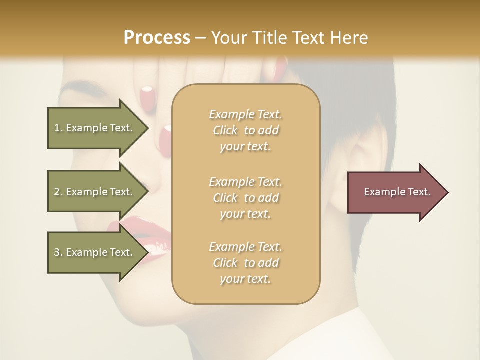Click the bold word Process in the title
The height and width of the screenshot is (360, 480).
157,38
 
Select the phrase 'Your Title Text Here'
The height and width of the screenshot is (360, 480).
289,38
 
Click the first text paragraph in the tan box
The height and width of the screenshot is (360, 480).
245,130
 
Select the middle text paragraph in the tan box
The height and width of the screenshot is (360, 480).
245,198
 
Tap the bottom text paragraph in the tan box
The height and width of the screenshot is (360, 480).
245,263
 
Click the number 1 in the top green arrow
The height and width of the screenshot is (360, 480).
57,128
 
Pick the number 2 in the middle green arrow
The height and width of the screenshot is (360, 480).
57,192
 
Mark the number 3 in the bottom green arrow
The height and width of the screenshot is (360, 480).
57,252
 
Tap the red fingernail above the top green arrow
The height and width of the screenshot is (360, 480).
147,94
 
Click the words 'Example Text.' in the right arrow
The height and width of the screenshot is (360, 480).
397,192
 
